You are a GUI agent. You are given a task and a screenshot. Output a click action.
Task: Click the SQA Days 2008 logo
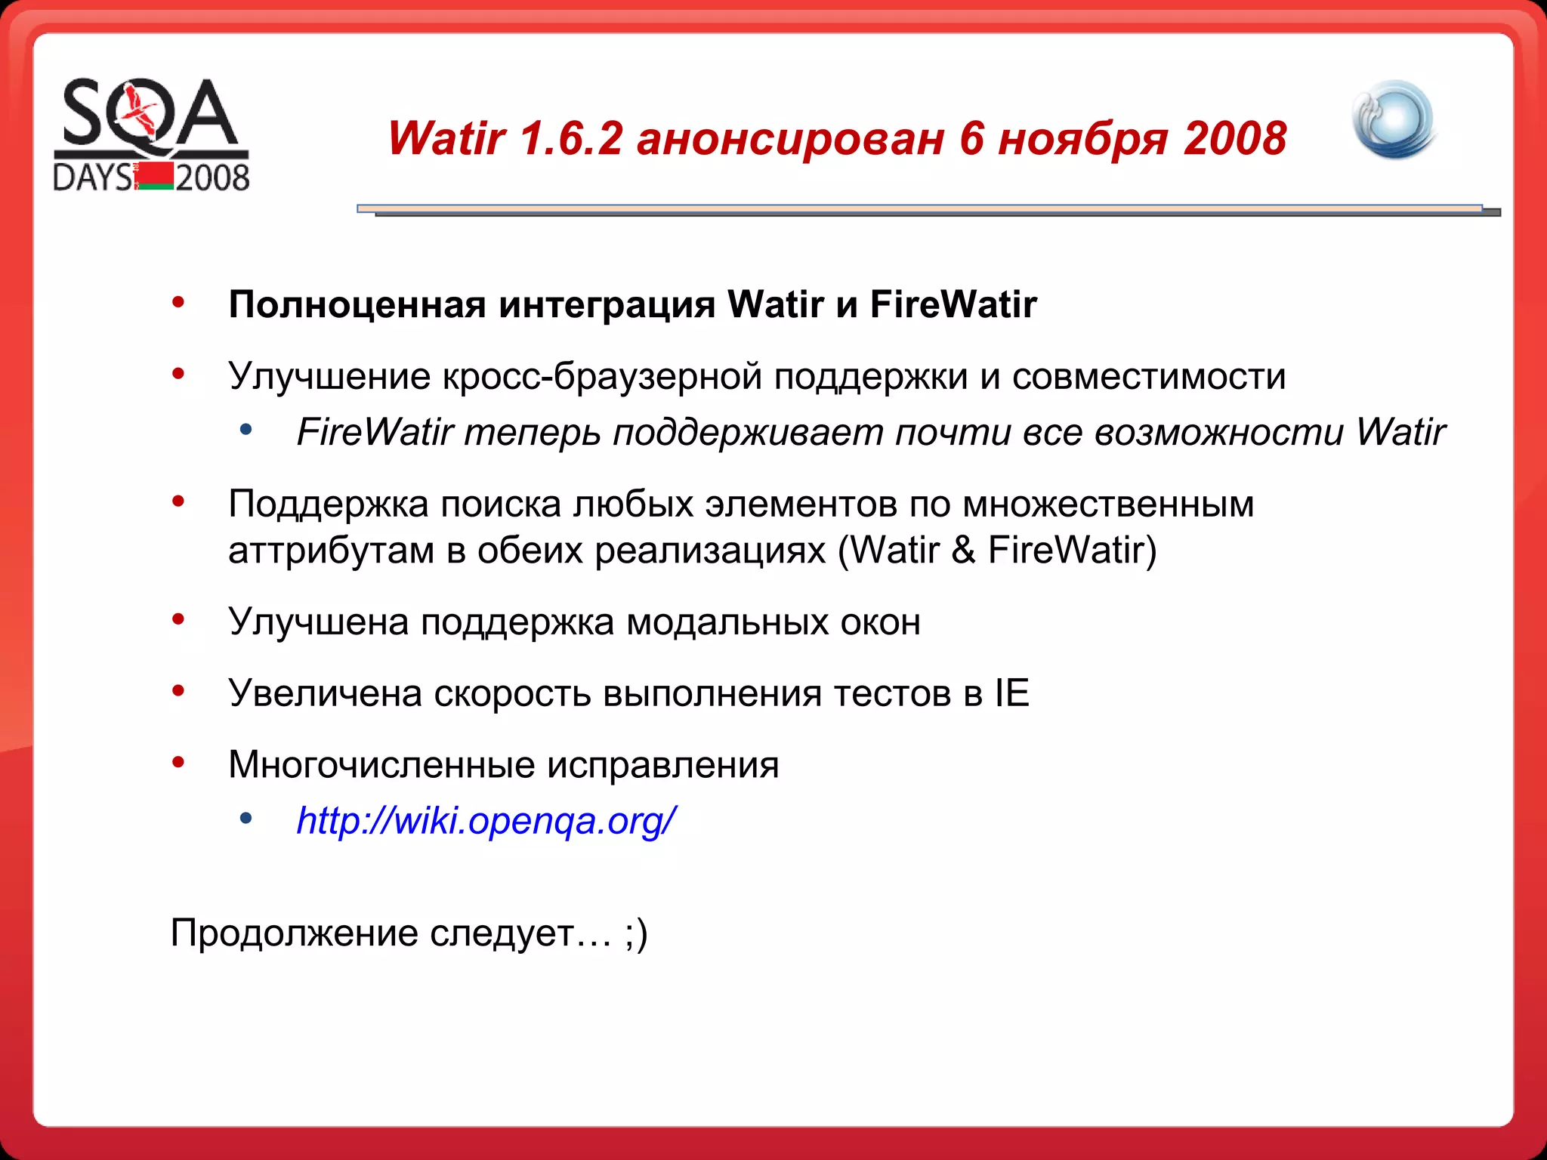151,134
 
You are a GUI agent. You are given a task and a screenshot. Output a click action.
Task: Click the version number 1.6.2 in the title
571,139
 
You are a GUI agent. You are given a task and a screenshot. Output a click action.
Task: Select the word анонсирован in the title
790,139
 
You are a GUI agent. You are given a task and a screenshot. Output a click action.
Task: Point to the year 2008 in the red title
1235,139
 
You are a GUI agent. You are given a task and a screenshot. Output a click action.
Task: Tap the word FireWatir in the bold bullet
953,305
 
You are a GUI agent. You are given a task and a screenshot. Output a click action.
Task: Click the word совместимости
1148,376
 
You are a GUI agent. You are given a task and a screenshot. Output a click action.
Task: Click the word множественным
1108,504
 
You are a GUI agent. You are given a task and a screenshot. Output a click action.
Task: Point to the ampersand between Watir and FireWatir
963,550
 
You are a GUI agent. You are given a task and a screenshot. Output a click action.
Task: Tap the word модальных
727,622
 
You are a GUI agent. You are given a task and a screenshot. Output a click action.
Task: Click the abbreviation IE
1011,693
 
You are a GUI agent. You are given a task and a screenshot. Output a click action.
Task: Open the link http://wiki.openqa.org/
486,821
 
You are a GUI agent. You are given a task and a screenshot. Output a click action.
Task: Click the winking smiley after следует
637,933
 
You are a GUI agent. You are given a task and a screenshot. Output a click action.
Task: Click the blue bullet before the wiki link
245,818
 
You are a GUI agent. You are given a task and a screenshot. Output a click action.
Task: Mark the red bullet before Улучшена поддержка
178,620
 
